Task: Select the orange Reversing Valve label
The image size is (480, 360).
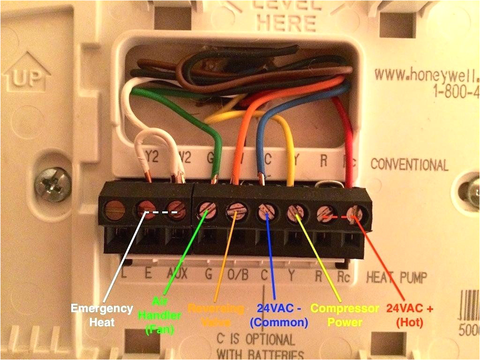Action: point(216,315)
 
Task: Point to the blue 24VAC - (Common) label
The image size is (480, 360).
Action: point(279,315)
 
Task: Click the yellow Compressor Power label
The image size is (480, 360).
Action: point(345,315)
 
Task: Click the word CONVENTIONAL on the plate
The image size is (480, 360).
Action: point(409,165)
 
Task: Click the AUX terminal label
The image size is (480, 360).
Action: point(177,274)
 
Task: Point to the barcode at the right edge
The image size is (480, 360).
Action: point(471,300)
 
